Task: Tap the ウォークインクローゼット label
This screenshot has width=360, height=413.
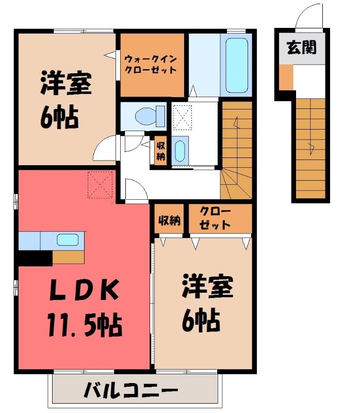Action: pyautogui.click(x=150, y=64)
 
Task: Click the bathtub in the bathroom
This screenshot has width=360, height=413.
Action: pyautogui.click(x=237, y=65)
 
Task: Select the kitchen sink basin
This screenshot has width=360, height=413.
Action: pyautogui.click(x=68, y=240)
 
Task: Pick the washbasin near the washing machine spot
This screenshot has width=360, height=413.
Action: pyautogui.click(x=179, y=151)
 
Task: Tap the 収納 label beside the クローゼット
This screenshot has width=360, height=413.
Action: pyautogui.click(x=169, y=220)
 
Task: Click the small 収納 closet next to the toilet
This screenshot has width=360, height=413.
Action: pyautogui.click(x=160, y=150)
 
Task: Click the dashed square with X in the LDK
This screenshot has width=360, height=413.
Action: pyautogui.click(x=101, y=184)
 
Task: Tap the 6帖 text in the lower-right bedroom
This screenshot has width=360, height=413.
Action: pyautogui.click(x=201, y=322)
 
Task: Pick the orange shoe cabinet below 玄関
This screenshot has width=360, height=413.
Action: pyautogui.click(x=286, y=76)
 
